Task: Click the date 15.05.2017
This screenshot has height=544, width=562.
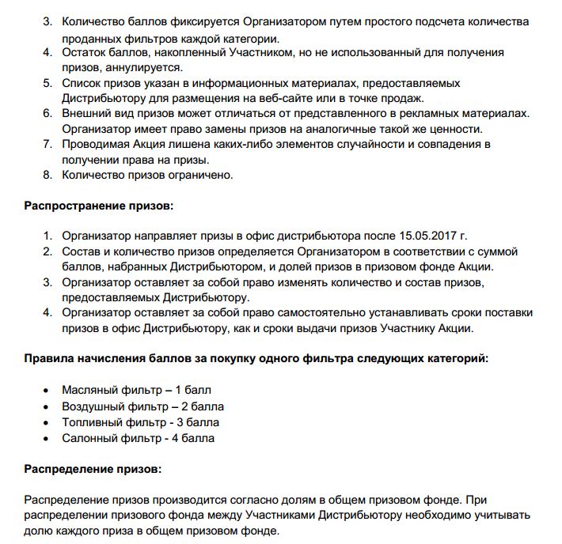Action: [433, 236]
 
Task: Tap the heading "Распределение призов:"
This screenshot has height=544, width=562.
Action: [93, 468]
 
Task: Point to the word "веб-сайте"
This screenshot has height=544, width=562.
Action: [321, 98]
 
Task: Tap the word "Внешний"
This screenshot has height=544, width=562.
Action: [86, 113]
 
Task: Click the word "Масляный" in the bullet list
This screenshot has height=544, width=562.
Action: [89, 390]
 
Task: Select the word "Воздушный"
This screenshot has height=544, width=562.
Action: [93, 406]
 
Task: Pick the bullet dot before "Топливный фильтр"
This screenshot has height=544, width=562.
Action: [47, 422]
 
